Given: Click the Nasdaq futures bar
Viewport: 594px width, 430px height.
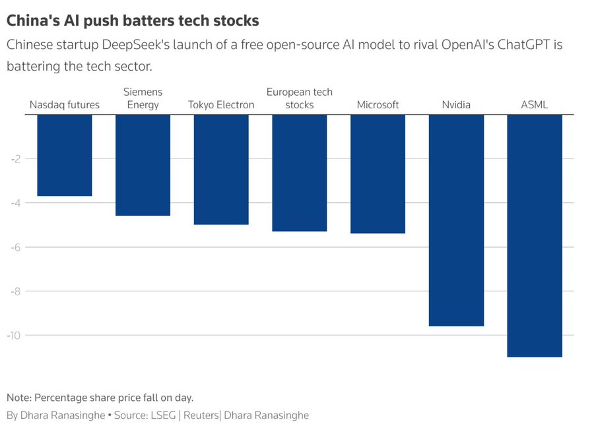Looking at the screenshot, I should (x=64, y=155).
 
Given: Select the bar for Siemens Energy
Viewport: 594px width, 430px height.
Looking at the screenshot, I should (x=143, y=165).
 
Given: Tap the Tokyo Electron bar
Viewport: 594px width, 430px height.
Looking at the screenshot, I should (x=221, y=170).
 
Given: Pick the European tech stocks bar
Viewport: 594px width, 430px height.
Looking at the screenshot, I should (x=299, y=173).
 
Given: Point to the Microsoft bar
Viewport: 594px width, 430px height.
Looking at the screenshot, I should (x=378, y=174).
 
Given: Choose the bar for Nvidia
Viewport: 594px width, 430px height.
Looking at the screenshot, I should (x=456, y=220).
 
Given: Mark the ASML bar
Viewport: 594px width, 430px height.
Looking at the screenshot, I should (x=534, y=236).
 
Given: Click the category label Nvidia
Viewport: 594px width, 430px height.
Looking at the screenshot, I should (x=456, y=105).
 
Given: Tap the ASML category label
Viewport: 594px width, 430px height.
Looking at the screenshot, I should (x=534, y=105).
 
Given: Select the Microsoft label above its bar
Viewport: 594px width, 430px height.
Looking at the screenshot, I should (x=378, y=105).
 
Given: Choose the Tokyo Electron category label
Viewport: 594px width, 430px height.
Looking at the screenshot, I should (x=221, y=105).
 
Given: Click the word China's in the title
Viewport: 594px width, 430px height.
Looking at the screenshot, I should (x=31, y=20).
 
